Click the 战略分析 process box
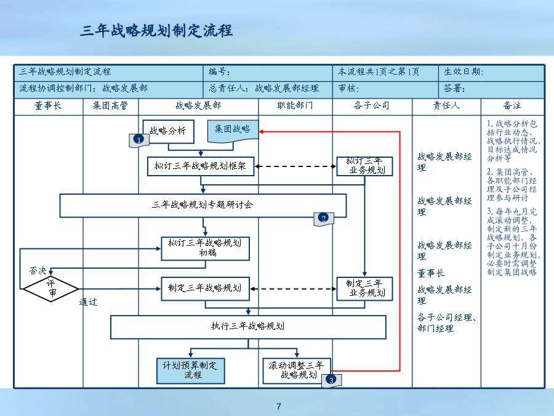168,132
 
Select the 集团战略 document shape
233,131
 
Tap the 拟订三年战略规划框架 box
201,166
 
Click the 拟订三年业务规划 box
364,166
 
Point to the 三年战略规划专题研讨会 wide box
203,205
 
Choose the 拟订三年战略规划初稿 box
205,249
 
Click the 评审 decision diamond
50,288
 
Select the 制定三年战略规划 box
205,288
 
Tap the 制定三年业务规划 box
364,288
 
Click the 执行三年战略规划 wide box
248,327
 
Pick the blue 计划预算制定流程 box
191,371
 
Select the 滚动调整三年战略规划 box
297,371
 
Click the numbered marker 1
139,140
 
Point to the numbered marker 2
323,218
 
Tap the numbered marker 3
331,380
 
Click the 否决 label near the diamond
38,271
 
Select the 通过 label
88,302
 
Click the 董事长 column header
48,105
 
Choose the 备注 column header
512,105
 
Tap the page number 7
279,407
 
